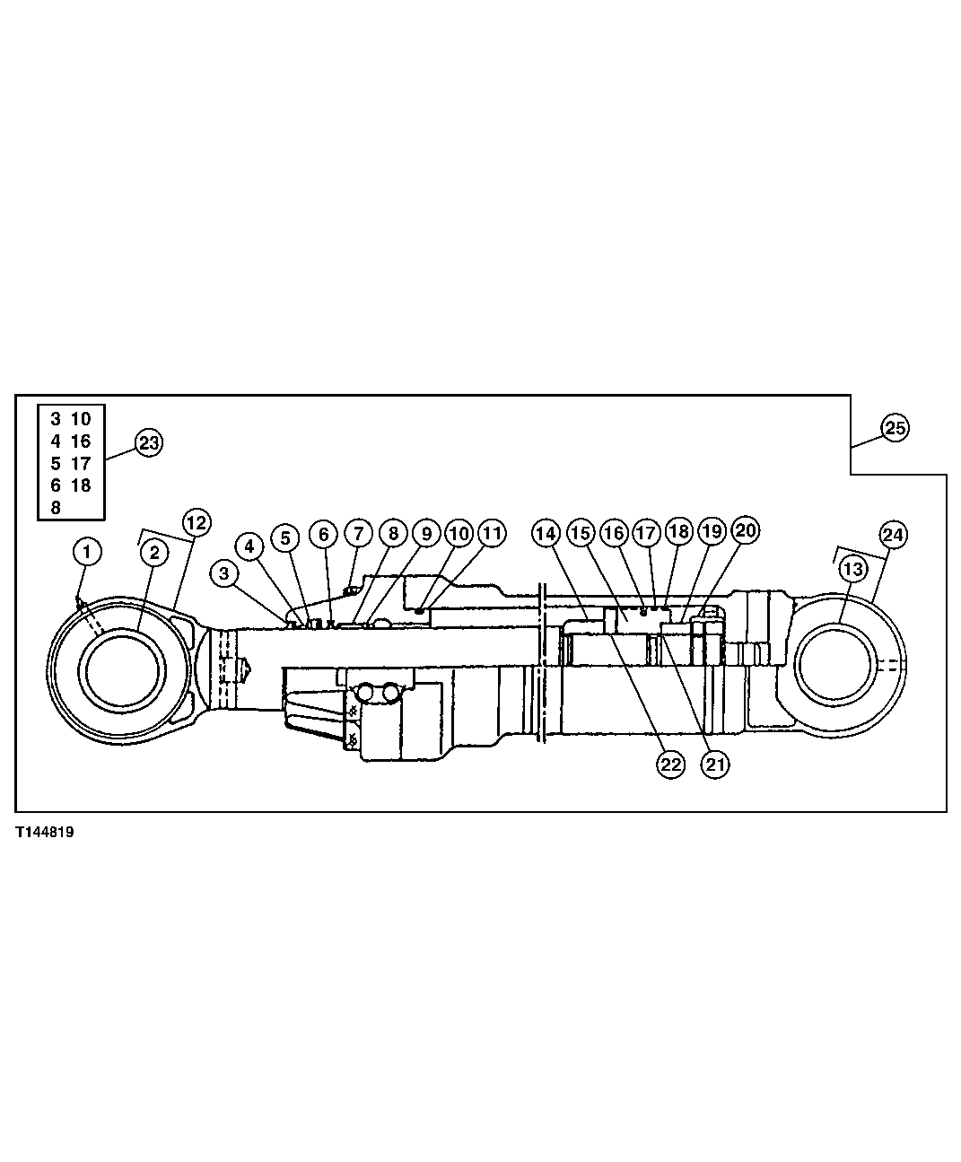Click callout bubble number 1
[87, 552]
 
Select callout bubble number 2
[154, 553]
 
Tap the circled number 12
[197, 522]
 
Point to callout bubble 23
[149, 442]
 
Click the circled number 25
[895, 428]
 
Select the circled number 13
[853, 569]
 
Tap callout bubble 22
[670, 764]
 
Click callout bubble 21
[715, 764]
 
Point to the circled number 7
[357, 534]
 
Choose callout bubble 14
[546, 533]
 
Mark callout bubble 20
[745, 530]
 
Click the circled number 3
[224, 572]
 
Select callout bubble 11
[491, 533]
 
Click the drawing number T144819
[43, 833]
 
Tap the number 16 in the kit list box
[81, 441]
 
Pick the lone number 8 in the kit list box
[56, 507]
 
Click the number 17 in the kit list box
[81, 463]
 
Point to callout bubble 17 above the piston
[646, 532]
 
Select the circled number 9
[426, 533]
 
